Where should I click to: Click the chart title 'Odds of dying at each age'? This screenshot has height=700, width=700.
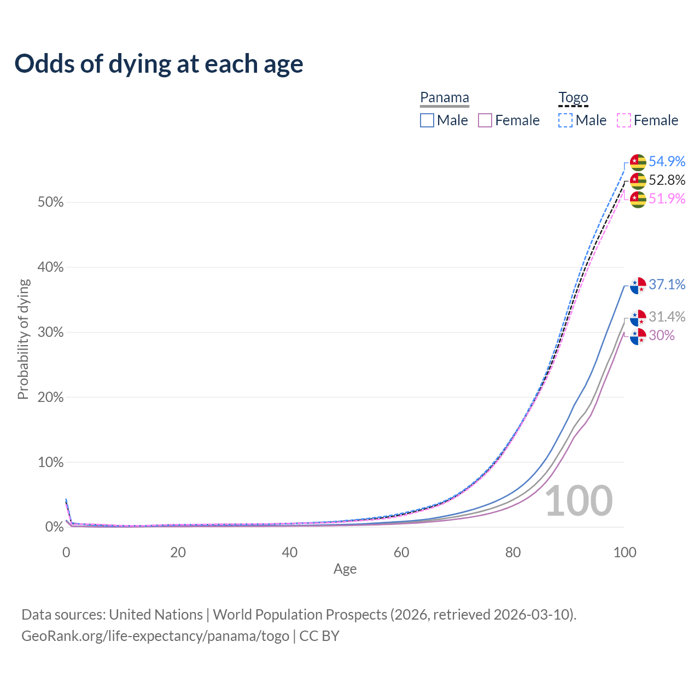(x=159, y=64)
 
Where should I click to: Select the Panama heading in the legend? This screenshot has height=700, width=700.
(x=445, y=98)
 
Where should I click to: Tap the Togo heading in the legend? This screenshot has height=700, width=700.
(x=573, y=98)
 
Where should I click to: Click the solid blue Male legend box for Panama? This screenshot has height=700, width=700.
(x=427, y=120)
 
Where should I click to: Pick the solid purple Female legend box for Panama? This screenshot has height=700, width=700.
(x=485, y=120)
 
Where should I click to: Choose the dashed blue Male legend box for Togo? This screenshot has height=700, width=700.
(x=565, y=120)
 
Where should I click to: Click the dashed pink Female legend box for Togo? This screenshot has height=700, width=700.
(x=624, y=120)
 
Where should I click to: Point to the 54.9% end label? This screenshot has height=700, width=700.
(x=667, y=161)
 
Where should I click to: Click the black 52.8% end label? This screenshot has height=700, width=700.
(x=667, y=180)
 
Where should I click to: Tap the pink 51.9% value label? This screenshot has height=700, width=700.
(x=667, y=199)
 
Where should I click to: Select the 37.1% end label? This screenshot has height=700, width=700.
(x=667, y=284)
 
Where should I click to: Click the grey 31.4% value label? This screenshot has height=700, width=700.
(x=667, y=317)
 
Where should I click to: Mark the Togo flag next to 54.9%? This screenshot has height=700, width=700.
(x=638, y=162)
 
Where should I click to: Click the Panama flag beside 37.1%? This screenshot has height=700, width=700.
(x=638, y=285)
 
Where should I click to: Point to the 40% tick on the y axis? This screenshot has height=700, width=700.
(x=50, y=267)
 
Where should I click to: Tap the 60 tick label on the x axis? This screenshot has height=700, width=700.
(x=401, y=552)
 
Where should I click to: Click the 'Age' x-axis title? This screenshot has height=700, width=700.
(x=345, y=569)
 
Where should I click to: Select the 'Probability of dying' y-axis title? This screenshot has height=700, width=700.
(x=23, y=339)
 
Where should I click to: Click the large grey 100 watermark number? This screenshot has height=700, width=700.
(x=579, y=501)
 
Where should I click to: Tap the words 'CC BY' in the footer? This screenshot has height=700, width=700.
(x=319, y=636)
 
